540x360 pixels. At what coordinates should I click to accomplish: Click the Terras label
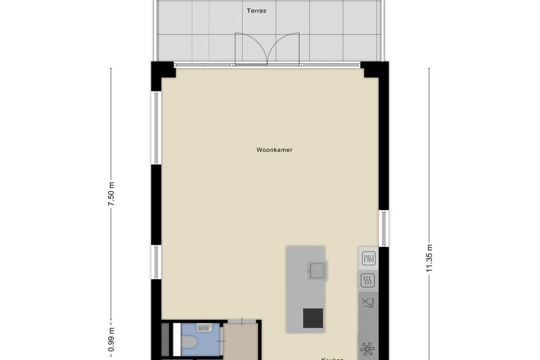pyautogui.click(x=257, y=11)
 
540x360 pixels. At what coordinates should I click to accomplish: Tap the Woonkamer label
pyautogui.click(x=274, y=150)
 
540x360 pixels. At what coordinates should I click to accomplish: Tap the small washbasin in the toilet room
pyautogui.click(x=204, y=328)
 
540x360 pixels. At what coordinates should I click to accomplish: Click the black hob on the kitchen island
pyautogui.click(x=313, y=318)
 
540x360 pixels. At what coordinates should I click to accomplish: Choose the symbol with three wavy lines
pyautogui.click(x=368, y=280)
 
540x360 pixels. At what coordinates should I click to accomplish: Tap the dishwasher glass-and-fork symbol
pyautogui.click(x=368, y=303)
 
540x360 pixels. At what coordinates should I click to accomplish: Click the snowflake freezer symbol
pyautogui.click(x=367, y=349)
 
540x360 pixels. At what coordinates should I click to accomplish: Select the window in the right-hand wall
pyautogui.click(x=384, y=228)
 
